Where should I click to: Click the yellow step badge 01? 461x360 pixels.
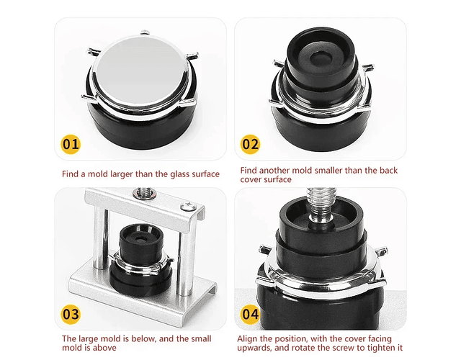(71, 144)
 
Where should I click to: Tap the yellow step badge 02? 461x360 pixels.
(250, 144)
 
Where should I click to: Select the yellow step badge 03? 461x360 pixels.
(71, 314)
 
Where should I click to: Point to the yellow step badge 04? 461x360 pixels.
(250, 314)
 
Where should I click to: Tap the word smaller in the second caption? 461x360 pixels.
(328, 171)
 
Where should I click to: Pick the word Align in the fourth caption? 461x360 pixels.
(248, 339)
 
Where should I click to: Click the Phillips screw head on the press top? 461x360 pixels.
(187, 207)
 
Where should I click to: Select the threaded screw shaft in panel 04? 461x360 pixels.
(322, 204)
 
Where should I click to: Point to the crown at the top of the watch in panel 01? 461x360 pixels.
(145, 32)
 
